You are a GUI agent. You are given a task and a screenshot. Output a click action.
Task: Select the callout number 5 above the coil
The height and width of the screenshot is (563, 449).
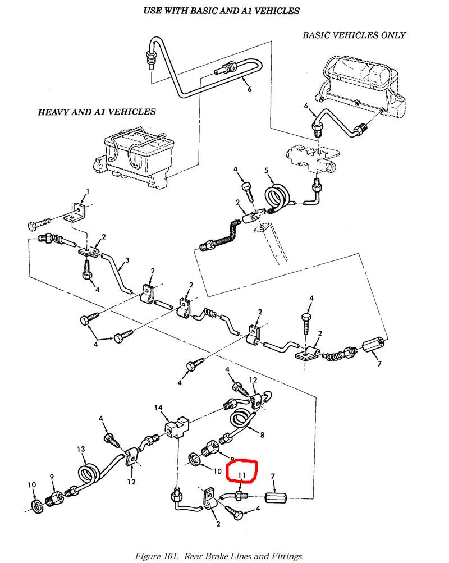(267, 171)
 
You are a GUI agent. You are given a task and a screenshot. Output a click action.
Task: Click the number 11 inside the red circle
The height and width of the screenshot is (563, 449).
(242, 475)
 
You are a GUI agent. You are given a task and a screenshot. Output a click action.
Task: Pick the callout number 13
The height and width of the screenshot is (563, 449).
(81, 449)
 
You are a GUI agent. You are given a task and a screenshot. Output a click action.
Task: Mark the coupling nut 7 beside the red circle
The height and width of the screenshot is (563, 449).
(276, 498)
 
